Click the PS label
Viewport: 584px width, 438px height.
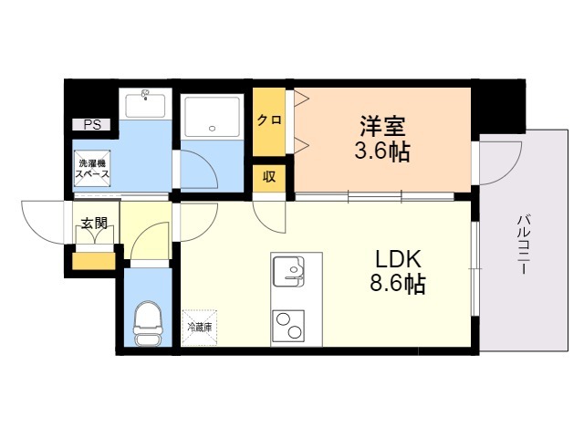(x=92, y=125)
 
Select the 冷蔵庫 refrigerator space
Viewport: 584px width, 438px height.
(x=200, y=325)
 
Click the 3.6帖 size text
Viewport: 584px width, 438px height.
(x=381, y=151)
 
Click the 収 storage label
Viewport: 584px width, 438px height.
(x=268, y=176)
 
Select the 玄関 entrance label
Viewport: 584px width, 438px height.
(x=93, y=224)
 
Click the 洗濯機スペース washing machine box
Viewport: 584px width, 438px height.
(x=93, y=168)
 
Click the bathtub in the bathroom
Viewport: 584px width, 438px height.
(x=212, y=117)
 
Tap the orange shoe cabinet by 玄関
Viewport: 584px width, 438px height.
(x=94, y=262)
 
